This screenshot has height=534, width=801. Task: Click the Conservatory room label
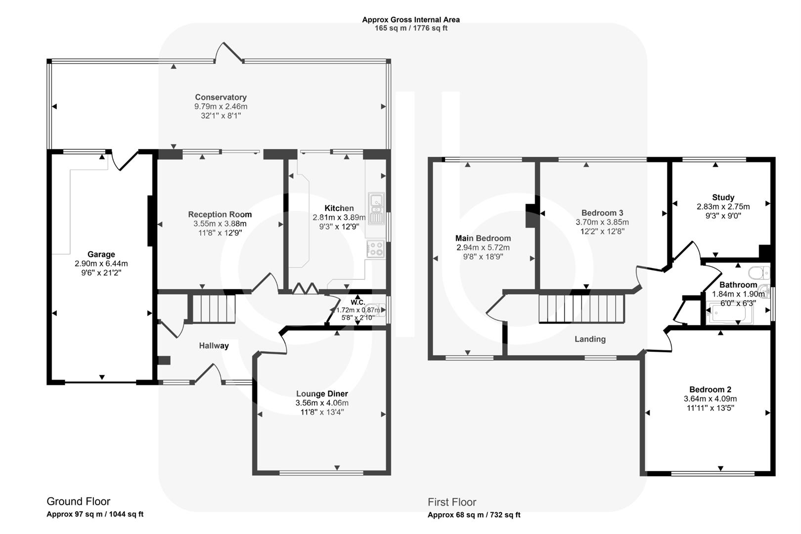pyautogui.click(x=221, y=97)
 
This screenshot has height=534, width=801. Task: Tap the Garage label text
pyautogui.click(x=101, y=255)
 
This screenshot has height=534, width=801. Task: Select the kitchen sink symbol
pyautogui.click(x=376, y=208)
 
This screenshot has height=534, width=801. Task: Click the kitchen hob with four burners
pyautogui.click(x=376, y=248)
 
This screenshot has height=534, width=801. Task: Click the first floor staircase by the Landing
pyautogui.click(x=581, y=309)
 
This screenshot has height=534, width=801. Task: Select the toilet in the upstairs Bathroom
pyautogui.click(x=758, y=272)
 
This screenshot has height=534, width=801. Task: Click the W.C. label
pyautogui.click(x=357, y=302)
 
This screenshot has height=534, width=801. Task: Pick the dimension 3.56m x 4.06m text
pyautogui.click(x=322, y=403)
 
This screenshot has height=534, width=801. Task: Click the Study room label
pyautogui.click(x=723, y=197)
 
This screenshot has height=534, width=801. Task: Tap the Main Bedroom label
pyautogui.click(x=483, y=238)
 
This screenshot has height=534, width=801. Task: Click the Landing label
pyautogui.click(x=590, y=339)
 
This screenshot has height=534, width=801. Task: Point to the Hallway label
pyautogui.click(x=214, y=346)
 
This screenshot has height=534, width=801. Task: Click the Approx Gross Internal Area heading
pyautogui.click(x=411, y=20)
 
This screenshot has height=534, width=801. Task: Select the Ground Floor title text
pyautogui.click(x=78, y=501)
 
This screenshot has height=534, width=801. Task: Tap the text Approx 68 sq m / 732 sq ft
pyautogui.click(x=474, y=515)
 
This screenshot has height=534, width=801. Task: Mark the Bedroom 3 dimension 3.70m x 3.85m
pyautogui.click(x=602, y=222)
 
